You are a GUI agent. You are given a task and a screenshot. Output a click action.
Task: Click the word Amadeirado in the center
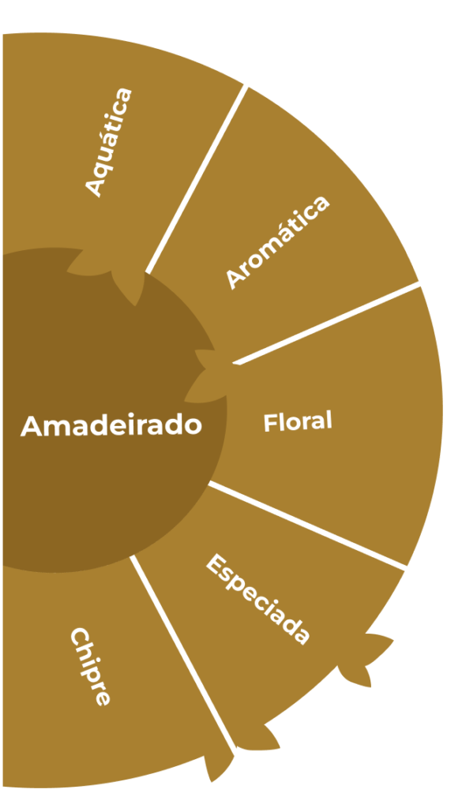(x=111, y=425)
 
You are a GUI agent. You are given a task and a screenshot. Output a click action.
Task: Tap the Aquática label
(x=109, y=142)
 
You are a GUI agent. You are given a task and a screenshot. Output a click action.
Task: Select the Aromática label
(x=277, y=242)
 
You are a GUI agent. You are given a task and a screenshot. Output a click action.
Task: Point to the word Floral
(x=298, y=421)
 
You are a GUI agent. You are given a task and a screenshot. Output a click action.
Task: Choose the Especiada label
(x=258, y=599)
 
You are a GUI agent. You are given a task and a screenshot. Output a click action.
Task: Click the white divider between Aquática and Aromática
(x=197, y=179)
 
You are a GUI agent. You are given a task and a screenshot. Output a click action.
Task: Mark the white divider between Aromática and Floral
(x=326, y=323)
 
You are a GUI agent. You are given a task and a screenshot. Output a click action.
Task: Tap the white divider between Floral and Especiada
(x=307, y=525)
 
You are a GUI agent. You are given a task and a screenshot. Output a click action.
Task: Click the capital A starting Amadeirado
(x=31, y=427)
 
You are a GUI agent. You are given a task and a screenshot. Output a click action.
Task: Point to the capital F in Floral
(x=269, y=423)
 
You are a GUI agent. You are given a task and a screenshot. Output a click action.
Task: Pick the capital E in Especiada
(x=216, y=563)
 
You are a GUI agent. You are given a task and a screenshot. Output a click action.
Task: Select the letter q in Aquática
(x=105, y=164)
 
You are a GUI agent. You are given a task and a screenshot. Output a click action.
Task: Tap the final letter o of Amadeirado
(x=193, y=427)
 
